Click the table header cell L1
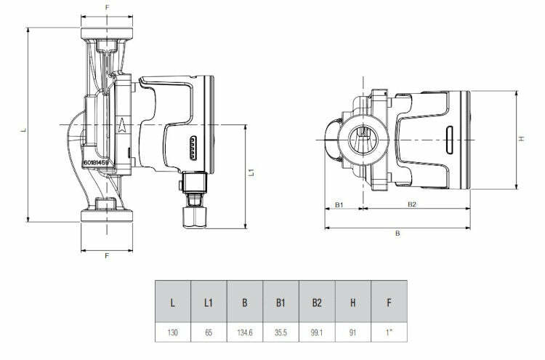(x=208, y=300)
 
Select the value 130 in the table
(x=172, y=332)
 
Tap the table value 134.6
(x=244, y=332)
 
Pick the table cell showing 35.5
(x=280, y=332)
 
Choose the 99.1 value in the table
(x=316, y=332)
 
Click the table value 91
(x=352, y=332)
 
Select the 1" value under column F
(x=388, y=332)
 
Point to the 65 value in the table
(x=208, y=332)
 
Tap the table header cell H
(x=352, y=300)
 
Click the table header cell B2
(x=316, y=300)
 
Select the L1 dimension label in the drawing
(x=251, y=172)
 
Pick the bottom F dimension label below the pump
(x=108, y=256)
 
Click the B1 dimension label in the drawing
(x=339, y=204)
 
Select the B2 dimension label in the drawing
(x=413, y=204)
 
